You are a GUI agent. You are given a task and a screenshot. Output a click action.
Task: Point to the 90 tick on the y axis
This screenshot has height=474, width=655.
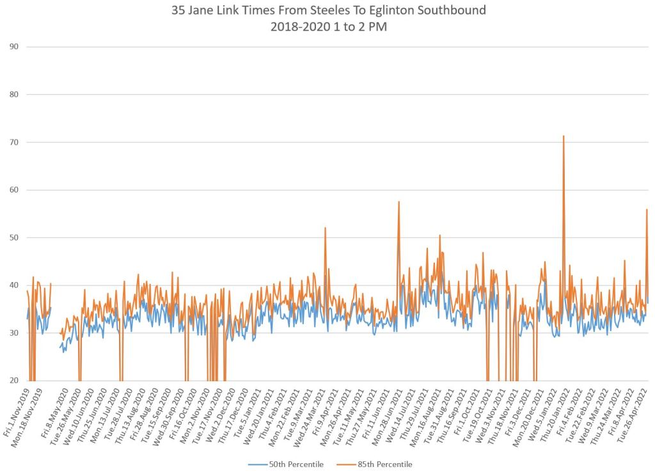(x=14, y=47)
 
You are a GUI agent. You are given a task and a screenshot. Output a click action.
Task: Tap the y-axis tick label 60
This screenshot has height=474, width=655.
(x=14, y=190)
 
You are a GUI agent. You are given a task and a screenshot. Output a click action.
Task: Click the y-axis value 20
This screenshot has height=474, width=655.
(x=14, y=381)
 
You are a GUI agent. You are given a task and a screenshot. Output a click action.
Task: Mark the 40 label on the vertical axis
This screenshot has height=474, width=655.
(x=14, y=285)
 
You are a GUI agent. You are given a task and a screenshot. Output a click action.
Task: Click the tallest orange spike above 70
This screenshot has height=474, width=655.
(x=564, y=136)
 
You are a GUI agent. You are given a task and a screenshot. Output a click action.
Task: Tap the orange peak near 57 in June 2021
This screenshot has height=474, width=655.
(x=399, y=202)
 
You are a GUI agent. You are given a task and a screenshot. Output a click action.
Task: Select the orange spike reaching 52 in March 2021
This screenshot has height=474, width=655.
(x=325, y=228)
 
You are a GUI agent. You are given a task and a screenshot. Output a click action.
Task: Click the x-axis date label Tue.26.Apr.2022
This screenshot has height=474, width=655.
(x=638, y=409)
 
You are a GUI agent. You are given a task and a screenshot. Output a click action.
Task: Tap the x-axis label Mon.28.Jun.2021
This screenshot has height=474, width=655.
(x=399, y=410)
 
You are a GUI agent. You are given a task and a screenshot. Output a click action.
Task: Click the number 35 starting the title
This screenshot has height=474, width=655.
(x=179, y=11)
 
